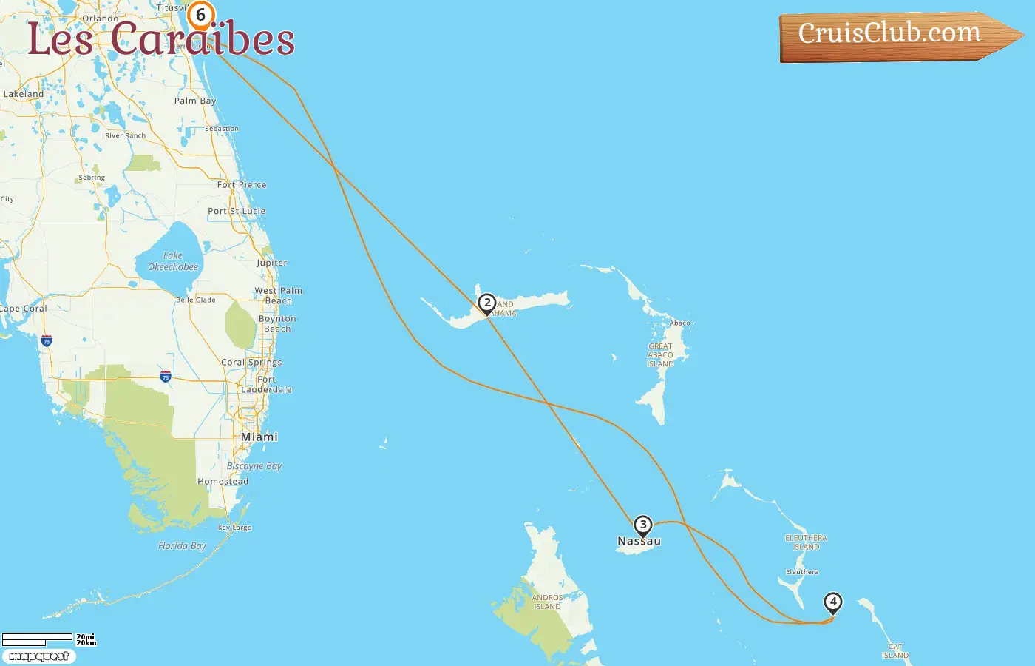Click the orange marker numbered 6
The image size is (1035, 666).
click(x=200, y=16)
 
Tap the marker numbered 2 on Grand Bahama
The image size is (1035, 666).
click(x=486, y=303)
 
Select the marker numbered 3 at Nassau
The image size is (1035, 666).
click(x=643, y=525)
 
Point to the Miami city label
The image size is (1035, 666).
click(x=259, y=437)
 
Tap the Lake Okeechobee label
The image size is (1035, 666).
click(x=173, y=261)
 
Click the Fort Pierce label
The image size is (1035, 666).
click(x=242, y=185)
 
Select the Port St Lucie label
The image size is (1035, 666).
click(x=237, y=211)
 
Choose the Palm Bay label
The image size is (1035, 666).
click(x=195, y=101)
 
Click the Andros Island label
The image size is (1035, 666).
click(x=547, y=602)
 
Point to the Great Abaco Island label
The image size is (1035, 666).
click(x=661, y=355)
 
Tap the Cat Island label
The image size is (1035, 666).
click(x=895, y=651)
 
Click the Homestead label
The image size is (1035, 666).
click(x=223, y=482)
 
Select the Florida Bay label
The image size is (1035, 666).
click(x=182, y=546)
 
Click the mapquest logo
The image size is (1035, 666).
click(x=39, y=656)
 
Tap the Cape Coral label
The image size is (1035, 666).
click(x=23, y=309)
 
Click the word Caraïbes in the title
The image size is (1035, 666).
click(x=203, y=38)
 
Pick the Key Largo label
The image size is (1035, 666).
click(x=235, y=528)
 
